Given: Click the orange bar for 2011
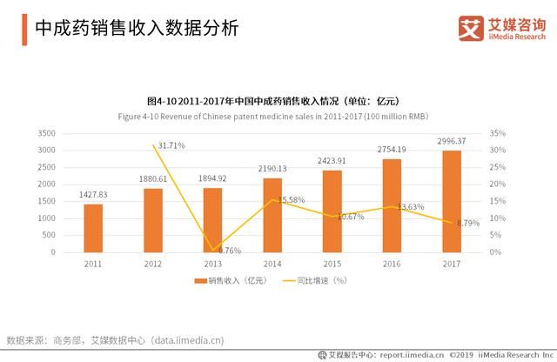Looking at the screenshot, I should [93, 228].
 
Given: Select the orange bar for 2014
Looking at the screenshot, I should [272, 215].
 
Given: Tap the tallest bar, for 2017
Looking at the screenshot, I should [451, 201].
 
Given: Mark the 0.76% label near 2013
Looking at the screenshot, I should [227, 251].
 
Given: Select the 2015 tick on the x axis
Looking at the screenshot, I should [332, 263].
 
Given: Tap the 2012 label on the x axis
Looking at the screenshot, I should [153, 263].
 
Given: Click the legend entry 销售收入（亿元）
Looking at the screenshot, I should [235, 281].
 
